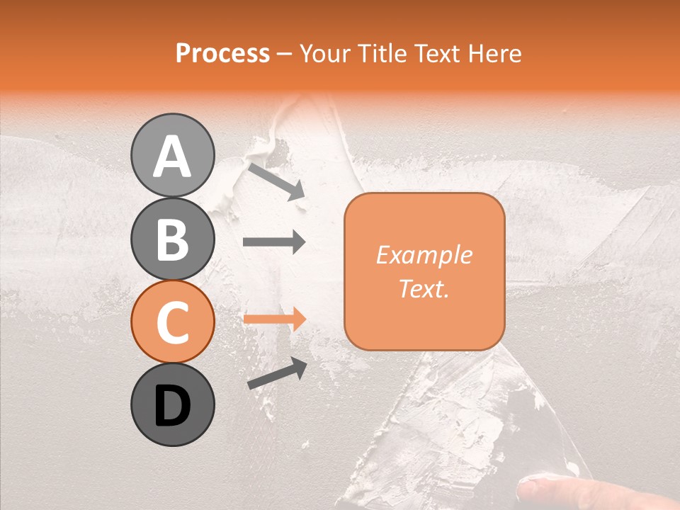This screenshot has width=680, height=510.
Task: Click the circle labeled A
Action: (x=172, y=155)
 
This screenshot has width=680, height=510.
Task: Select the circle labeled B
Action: (x=172, y=239)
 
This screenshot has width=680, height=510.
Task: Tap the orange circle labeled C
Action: (x=172, y=322)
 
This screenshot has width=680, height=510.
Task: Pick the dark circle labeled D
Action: (x=172, y=404)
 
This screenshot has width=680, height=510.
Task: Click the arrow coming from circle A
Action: (x=276, y=181)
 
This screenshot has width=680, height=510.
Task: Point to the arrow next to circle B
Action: (x=274, y=242)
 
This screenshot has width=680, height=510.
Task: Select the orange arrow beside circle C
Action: (x=274, y=319)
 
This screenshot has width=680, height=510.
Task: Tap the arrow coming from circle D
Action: (x=277, y=373)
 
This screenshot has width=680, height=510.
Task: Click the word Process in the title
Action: (x=222, y=54)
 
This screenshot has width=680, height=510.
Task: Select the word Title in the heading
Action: (x=380, y=54)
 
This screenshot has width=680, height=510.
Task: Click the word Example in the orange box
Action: (x=424, y=255)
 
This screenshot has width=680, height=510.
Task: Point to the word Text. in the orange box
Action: (x=424, y=288)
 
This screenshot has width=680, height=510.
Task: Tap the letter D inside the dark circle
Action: (x=172, y=406)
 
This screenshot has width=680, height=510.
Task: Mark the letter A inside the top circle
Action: (x=172, y=157)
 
